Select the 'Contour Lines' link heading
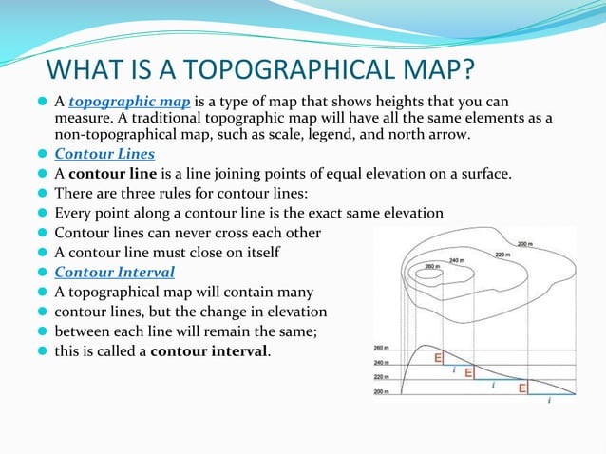(x=104, y=154)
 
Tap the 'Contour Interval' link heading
(x=115, y=273)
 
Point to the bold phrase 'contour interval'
(x=209, y=351)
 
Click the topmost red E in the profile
(x=438, y=358)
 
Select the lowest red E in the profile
(x=522, y=388)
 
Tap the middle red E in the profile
(x=469, y=373)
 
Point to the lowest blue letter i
(x=549, y=401)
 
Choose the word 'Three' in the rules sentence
(x=120, y=193)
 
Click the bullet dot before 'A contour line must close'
(x=43, y=253)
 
